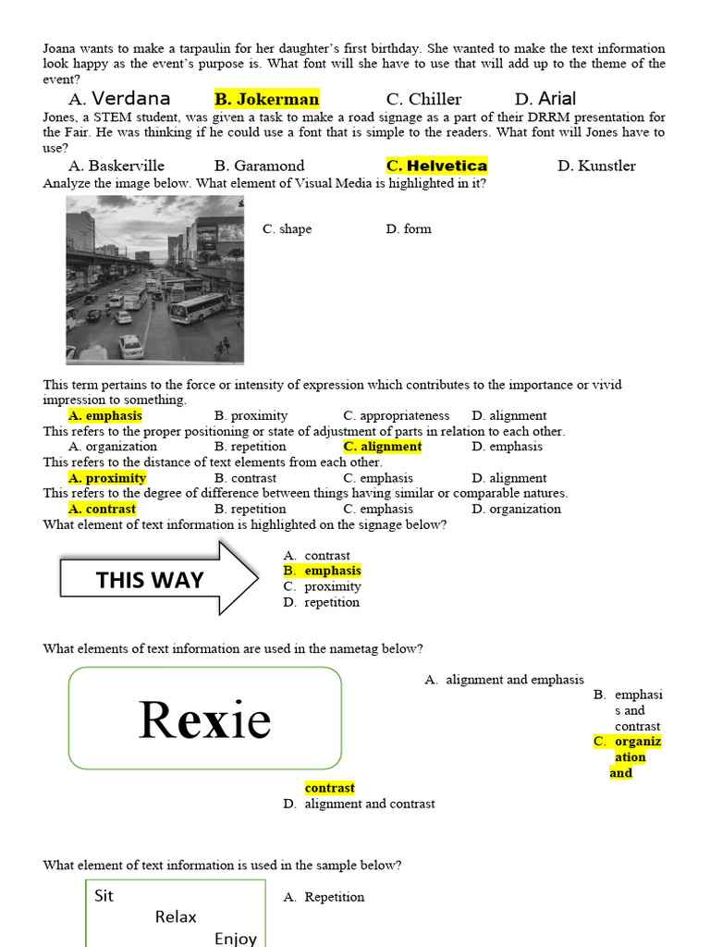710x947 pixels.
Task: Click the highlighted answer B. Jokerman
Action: pos(266,99)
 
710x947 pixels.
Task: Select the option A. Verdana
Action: pos(119,99)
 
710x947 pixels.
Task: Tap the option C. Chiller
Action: pos(423,99)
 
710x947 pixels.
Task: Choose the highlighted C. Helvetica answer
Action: pos(436,166)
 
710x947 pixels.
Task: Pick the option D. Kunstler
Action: pos(596,166)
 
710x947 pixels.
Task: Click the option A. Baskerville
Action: pos(116,166)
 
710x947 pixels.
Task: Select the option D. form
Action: pos(409,228)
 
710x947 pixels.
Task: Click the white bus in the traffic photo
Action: pos(197,308)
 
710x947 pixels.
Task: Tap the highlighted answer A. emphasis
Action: pos(104,415)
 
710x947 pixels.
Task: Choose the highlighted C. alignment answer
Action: pos(382,446)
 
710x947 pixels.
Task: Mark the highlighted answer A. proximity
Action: pos(107,478)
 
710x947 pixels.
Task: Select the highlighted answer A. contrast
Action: pos(102,509)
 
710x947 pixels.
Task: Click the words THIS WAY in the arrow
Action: pos(149,580)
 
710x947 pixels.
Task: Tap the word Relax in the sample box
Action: pos(176,916)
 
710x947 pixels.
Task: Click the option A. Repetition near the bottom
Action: pos(324,897)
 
